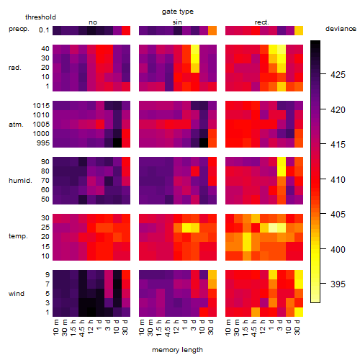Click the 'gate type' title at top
pyautogui.click(x=178, y=12)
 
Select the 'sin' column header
pyautogui.click(x=177, y=22)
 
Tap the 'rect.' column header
pyautogui.click(x=261, y=22)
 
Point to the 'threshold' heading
pyautogui.click(x=40, y=17)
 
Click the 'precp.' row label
pyautogui.click(x=19, y=29)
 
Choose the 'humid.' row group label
pyautogui.click(x=20, y=181)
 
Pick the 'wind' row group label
pyautogui.click(x=17, y=294)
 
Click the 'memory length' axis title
pyautogui.click(x=177, y=350)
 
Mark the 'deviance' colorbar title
pyautogui.click(x=341, y=29)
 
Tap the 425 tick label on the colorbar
pyautogui.click(x=338, y=75)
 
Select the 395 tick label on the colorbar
pyautogui.click(x=338, y=284)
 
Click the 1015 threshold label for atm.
pyautogui.click(x=41, y=106)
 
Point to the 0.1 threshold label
pyautogui.click(x=44, y=30)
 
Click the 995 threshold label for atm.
pyautogui.click(x=43, y=143)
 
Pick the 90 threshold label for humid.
pyautogui.click(x=45, y=162)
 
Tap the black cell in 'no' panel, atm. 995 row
pyautogui.click(x=117, y=143)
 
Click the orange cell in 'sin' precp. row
pyautogui.click(x=212, y=30)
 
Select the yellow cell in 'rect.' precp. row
pyautogui.click(x=299, y=30)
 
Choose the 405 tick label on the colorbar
pyautogui.click(x=338, y=214)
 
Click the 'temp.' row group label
pyautogui.click(x=18, y=236)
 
